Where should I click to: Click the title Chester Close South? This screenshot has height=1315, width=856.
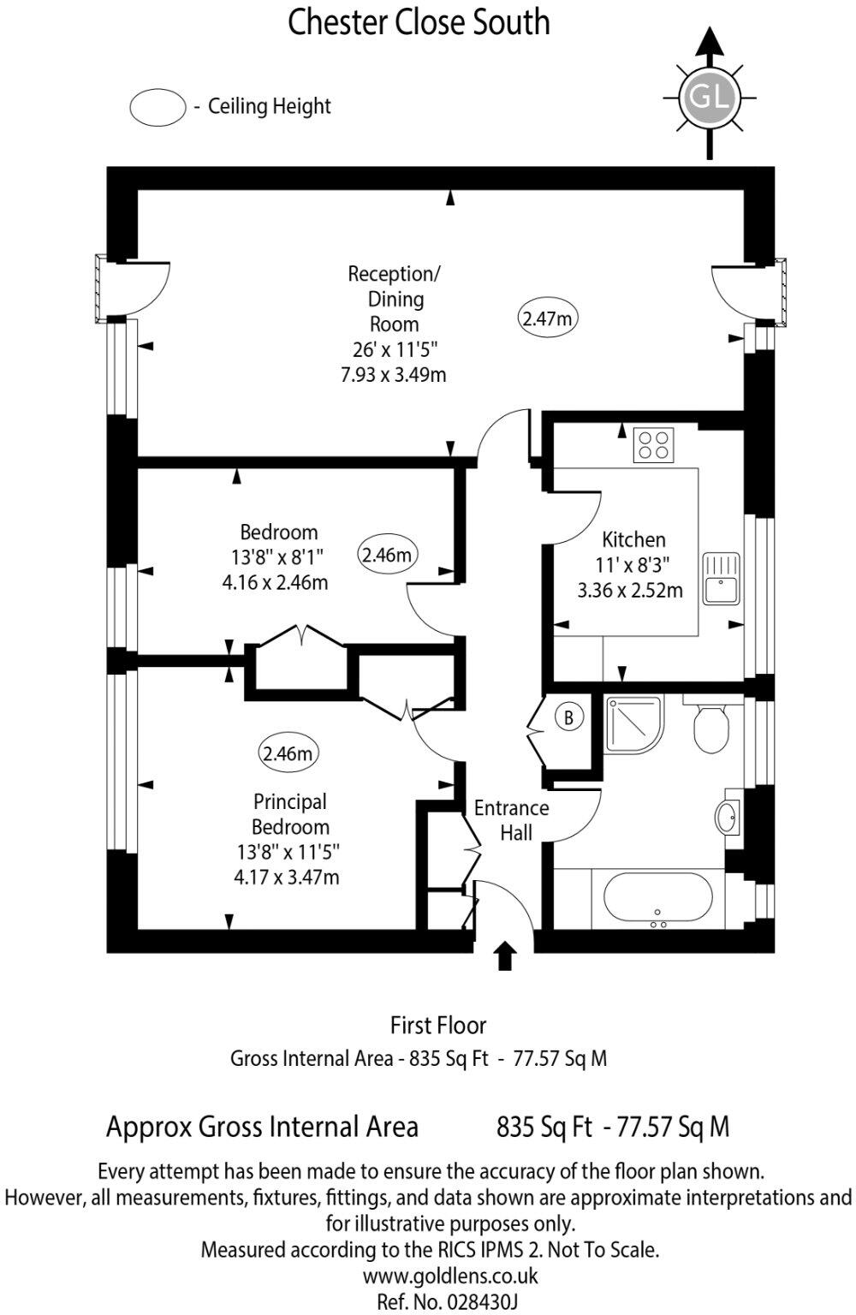419,22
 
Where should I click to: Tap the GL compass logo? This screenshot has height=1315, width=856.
708,97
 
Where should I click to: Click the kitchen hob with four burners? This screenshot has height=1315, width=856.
654,445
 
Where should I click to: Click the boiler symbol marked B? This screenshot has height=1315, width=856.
568,717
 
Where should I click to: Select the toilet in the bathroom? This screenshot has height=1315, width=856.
710,726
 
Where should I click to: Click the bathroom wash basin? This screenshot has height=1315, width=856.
729,817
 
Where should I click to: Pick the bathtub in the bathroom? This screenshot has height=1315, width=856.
657,900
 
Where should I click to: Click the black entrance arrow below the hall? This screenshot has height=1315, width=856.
505,955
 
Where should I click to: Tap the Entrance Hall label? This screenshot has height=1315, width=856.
512,820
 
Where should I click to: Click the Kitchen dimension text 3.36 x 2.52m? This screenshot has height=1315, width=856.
630,590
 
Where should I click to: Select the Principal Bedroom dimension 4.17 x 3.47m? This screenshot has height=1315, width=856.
286,877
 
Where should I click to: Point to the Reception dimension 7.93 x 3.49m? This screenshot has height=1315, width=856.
393,374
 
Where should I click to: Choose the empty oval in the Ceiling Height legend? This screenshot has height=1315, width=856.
158,107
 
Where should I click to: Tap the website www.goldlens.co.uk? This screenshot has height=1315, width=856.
450,1276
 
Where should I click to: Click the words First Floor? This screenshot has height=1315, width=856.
438,1025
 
